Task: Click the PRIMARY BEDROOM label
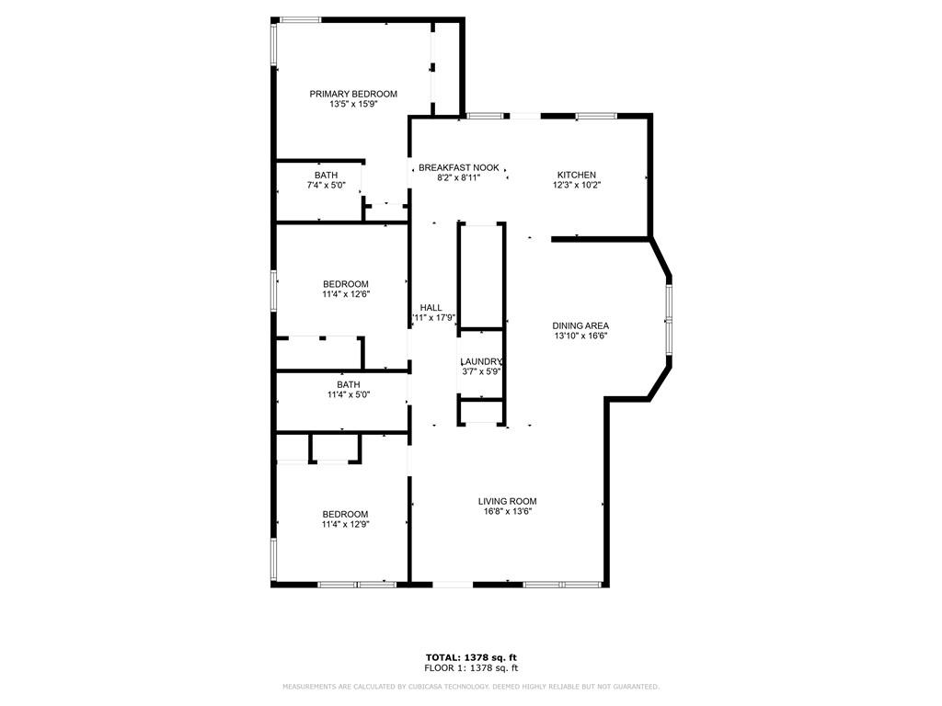(x=353, y=94)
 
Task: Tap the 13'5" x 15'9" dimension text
(x=353, y=105)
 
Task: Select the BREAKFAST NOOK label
(x=458, y=167)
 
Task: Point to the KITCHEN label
(x=577, y=175)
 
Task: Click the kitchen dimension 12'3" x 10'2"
(x=577, y=185)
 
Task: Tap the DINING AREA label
(x=580, y=325)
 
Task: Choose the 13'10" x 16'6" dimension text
(x=580, y=336)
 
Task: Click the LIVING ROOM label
(x=507, y=501)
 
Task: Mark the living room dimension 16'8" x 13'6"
(x=507, y=511)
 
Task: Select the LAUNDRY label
(x=481, y=362)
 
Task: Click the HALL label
(x=431, y=308)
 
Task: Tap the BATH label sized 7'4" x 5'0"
(x=326, y=175)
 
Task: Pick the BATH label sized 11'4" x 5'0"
(x=348, y=384)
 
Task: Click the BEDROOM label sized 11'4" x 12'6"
(x=345, y=284)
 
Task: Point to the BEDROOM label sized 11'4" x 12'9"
(x=345, y=514)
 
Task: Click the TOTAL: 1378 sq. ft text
(x=470, y=657)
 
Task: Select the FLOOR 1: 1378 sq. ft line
(x=470, y=668)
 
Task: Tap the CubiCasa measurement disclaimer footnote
(x=470, y=687)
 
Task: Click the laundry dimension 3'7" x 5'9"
(x=481, y=372)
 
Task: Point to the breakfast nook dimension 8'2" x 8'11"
(x=458, y=177)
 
